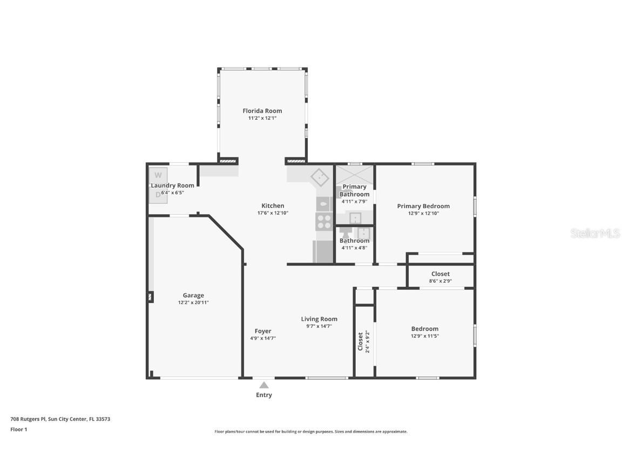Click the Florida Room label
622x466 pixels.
tap(262, 111)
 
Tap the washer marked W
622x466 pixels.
tap(158, 175)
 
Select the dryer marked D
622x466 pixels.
tap(158, 195)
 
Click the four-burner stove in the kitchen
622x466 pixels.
tap(324, 222)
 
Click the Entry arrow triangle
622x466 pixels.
tap(264, 385)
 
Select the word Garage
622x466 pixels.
tap(193, 295)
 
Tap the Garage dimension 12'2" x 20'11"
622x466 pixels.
tap(193, 303)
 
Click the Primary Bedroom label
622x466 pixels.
tap(423, 206)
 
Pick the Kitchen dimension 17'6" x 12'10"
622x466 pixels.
tap(273, 213)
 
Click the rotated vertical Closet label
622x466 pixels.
tap(360, 341)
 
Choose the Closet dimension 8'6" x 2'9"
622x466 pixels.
tap(440, 281)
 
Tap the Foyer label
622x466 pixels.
tap(263, 331)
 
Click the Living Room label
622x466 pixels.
tap(319, 319)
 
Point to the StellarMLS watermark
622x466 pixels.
tap(596, 234)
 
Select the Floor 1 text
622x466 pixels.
tap(18, 429)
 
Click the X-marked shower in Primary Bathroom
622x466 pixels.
tap(355, 175)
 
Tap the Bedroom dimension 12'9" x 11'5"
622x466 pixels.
tap(424, 336)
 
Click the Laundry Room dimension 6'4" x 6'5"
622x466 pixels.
tap(172, 193)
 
